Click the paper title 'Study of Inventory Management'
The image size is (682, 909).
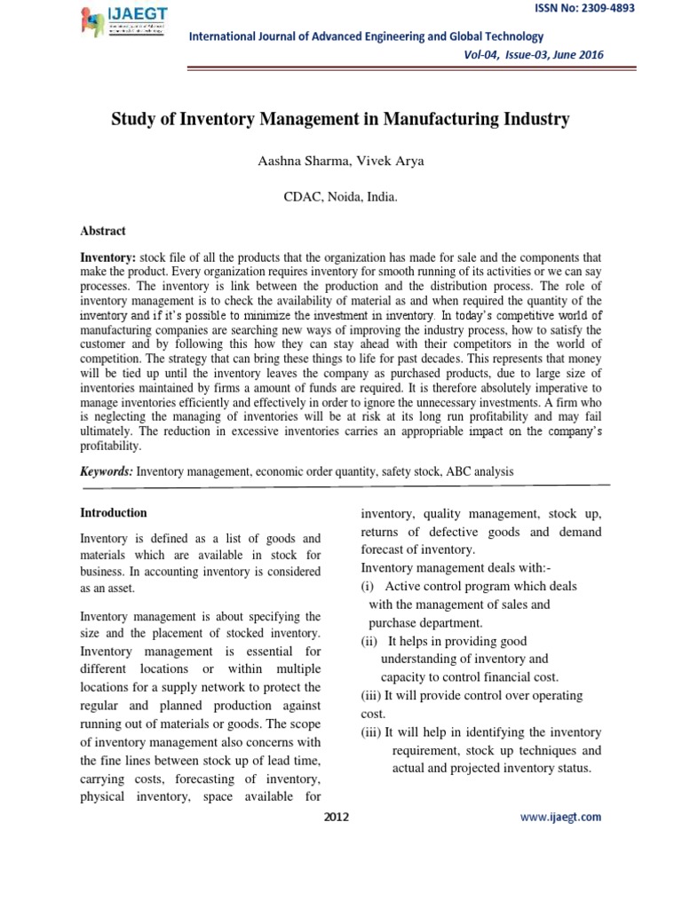[x=339, y=118]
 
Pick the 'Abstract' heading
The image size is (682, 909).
[x=103, y=231]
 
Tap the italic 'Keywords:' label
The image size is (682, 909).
[x=107, y=472]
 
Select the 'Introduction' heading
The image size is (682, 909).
[x=114, y=513]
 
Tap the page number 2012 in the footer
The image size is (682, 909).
[x=337, y=817]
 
